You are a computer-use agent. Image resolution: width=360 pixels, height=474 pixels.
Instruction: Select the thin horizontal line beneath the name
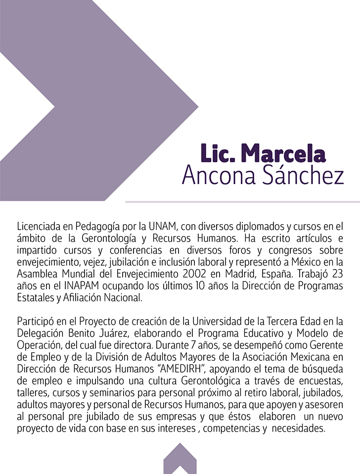(242, 202)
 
